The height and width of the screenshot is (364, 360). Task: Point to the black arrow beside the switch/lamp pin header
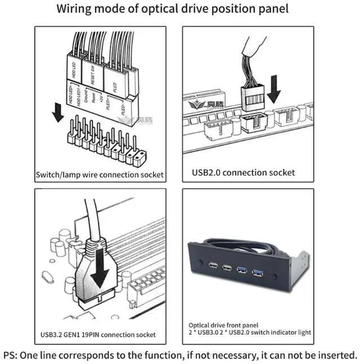click(x=57, y=112)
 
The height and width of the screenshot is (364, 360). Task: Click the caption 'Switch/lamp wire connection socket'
click(x=100, y=174)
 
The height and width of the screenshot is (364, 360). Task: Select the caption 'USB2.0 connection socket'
click(x=243, y=172)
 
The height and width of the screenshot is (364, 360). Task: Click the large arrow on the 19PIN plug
click(x=101, y=269)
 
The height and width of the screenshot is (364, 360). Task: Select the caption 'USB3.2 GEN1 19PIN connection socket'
click(x=99, y=335)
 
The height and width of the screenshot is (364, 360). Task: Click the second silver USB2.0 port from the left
click(x=227, y=268)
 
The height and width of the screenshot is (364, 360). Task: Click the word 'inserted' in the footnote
click(x=335, y=356)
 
